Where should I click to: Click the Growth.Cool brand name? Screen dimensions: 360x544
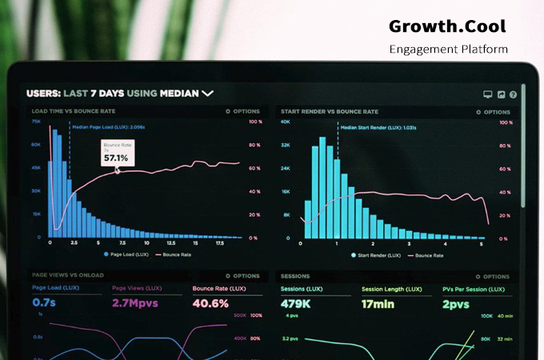click(x=447, y=26)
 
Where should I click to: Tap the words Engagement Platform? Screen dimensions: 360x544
click(x=448, y=49)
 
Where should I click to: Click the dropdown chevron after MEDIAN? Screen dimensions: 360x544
click(x=208, y=94)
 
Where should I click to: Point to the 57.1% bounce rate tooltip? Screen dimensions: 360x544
click(x=117, y=153)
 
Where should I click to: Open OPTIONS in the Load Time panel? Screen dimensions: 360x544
click(x=243, y=111)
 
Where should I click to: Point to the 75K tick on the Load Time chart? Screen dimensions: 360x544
click(x=37, y=122)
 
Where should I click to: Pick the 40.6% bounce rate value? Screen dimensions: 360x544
click(x=211, y=303)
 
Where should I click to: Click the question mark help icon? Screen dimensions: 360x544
click(x=513, y=94)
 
